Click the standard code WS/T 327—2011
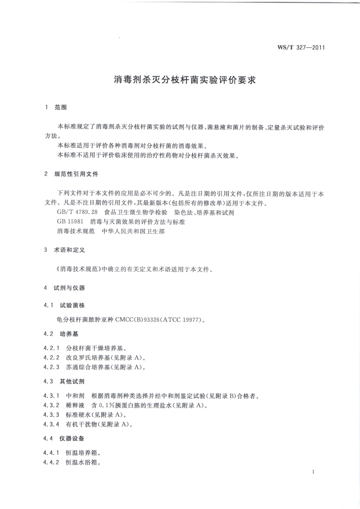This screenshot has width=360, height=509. (x=301, y=48)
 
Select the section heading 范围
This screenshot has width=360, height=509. (x=61, y=108)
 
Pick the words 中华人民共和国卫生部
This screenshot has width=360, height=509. (x=133, y=231)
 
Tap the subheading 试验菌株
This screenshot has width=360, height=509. (x=72, y=305)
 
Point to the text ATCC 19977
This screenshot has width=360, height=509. (x=184, y=320)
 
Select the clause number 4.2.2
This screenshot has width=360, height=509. (x=52, y=358)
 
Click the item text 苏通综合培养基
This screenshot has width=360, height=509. (x=89, y=367)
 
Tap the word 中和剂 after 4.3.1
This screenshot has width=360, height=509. (x=75, y=396)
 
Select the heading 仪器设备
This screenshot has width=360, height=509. (x=72, y=439)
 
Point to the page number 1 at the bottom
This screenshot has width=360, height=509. (x=313, y=472)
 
